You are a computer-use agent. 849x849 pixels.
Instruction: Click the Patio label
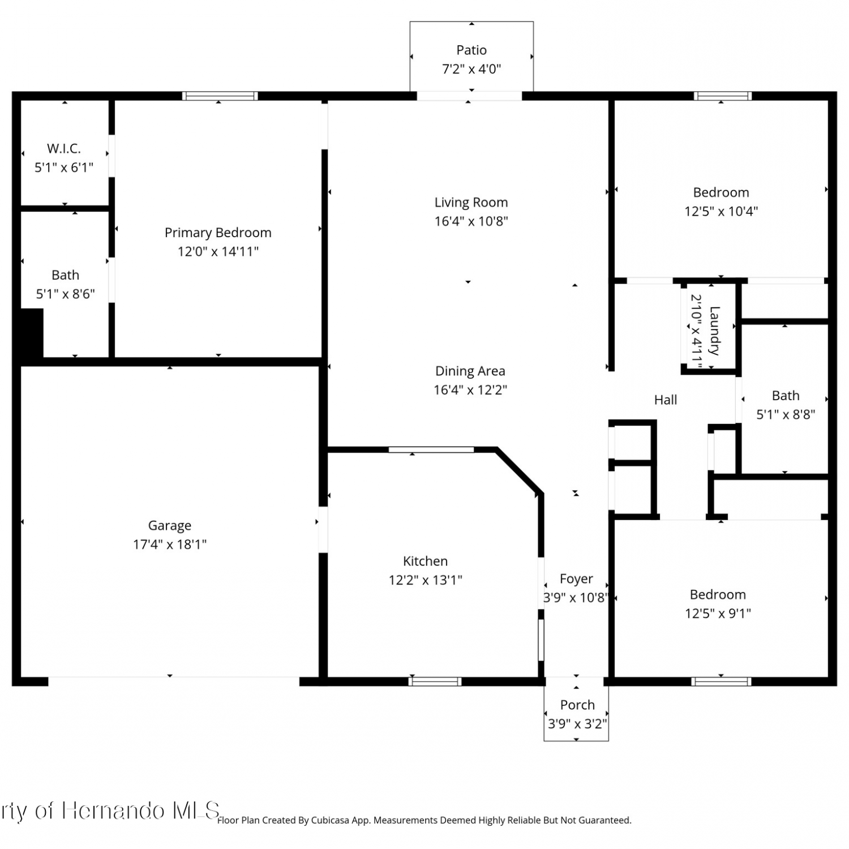[471, 50]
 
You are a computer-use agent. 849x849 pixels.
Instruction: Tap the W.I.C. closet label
[64, 149]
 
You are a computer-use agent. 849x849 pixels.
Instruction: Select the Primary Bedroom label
[218, 233]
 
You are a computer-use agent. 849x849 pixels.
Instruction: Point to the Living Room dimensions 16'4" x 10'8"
[471, 221]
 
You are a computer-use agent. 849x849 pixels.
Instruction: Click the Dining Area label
[470, 371]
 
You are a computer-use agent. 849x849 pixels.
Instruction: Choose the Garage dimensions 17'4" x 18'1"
[170, 544]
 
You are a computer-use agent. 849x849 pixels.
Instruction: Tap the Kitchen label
[425, 561]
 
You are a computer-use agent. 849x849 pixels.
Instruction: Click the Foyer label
[576, 579]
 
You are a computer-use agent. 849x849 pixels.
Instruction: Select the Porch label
[577, 705]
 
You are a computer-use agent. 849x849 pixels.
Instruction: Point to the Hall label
[666, 400]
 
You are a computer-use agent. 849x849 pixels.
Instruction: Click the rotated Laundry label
[714, 331]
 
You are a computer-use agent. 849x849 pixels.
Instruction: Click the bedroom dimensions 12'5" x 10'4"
[721, 212]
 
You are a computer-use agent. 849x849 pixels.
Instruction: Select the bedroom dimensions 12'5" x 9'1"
[718, 614]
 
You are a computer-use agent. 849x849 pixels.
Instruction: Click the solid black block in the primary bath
[32, 333]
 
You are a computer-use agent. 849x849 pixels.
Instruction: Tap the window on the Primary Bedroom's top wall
[220, 96]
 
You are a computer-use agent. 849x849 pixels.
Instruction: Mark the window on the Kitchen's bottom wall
[435, 681]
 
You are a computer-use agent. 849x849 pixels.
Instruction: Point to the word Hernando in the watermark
[113, 811]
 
